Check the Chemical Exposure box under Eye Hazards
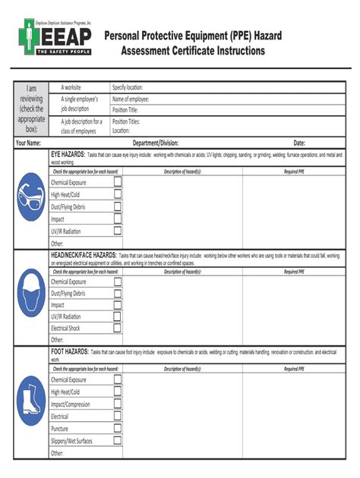point(118,182)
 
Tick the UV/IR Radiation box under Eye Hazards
point(118,231)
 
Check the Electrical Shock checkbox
point(118,329)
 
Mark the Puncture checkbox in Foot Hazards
point(118,429)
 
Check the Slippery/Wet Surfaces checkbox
point(118,441)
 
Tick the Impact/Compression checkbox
point(118,404)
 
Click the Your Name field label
point(28,143)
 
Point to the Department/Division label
point(156,143)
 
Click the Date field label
point(299,143)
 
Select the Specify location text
point(128,88)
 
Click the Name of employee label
point(131,99)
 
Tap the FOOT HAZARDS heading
point(68,353)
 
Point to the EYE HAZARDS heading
point(68,154)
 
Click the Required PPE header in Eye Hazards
point(295,171)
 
